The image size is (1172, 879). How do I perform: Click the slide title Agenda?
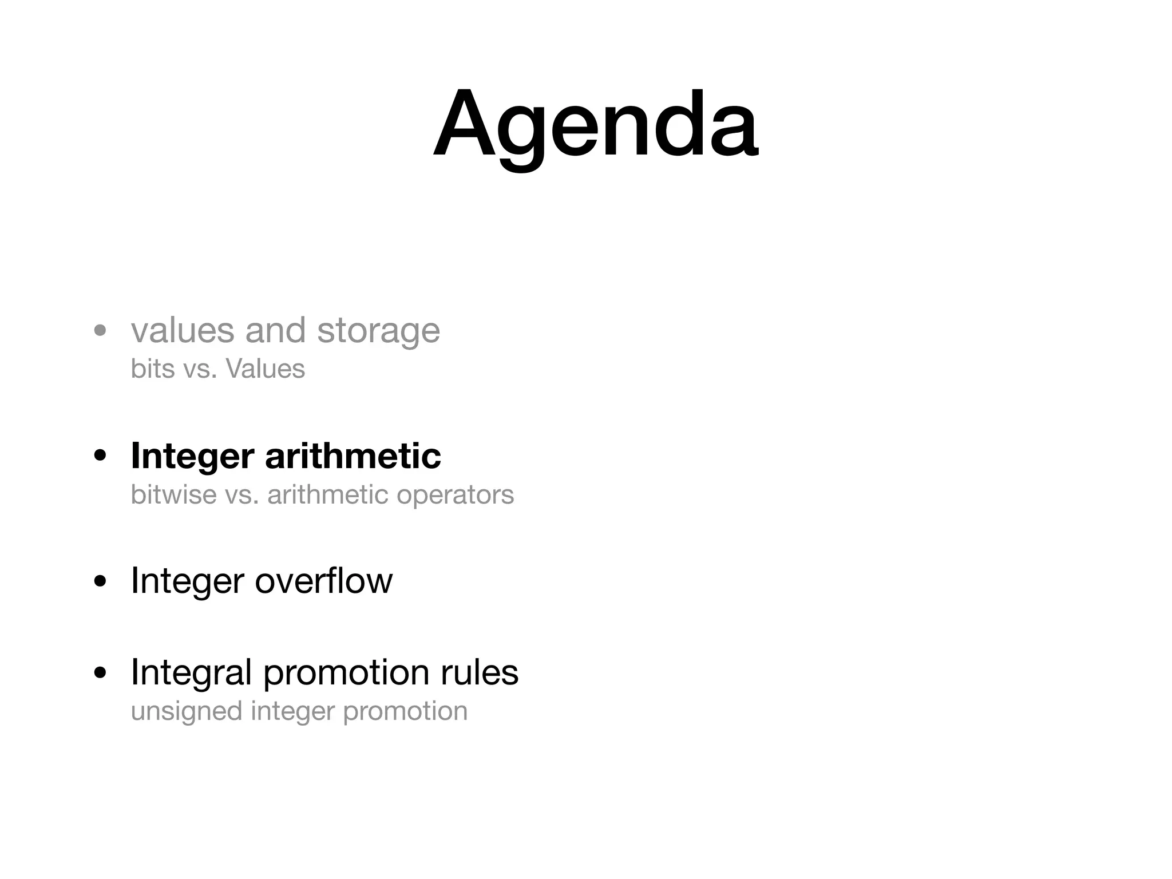pyautogui.click(x=595, y=125)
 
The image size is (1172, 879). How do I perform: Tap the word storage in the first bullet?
pyautogui.click(x=378, y=331)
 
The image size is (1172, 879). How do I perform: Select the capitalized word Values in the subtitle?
pyautogui.click(x=266, y=369)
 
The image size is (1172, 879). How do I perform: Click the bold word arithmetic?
pyautogui.click(x=353, y=456)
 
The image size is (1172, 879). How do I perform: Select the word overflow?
pyautogui.click(x=323, y=581)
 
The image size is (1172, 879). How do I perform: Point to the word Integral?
pyautogui.click(x=191, y=672)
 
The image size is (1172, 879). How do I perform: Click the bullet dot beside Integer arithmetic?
pyautogui.click(x=101, y=457)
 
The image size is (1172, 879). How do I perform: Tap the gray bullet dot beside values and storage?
pyautogui.click(x=101, y=331)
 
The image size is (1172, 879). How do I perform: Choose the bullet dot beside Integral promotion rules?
pyautogui.click(x=101, y=673)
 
